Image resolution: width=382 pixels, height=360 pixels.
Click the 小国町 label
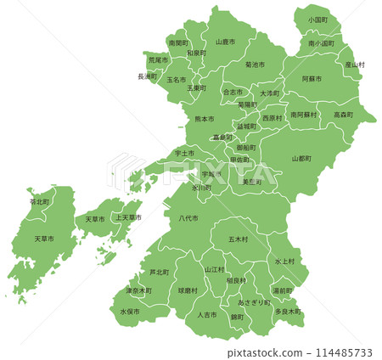pos(318,19)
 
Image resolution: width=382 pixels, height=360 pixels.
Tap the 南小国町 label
pos(321,42)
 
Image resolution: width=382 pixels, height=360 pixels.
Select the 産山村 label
pos(354,65)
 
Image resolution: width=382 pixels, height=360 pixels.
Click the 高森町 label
pos(344,114)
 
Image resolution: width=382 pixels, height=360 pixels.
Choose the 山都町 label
pos(301,158)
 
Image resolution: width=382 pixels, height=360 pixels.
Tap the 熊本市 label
pos(205,119)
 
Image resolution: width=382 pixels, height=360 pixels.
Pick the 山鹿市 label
pos(224,42)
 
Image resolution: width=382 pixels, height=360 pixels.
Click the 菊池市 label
pos(255,65)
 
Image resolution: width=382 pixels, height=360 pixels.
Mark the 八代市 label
pos(188,218)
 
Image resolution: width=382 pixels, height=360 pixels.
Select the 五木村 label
pos(238,239)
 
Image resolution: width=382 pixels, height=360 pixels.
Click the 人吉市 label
pos(206,315)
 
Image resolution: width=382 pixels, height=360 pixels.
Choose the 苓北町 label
pos(39,202)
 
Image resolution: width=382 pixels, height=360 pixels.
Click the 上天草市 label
pos(128,218)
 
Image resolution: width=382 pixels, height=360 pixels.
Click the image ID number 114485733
pos(337,352)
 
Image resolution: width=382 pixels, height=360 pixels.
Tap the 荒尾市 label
pos(159,61)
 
